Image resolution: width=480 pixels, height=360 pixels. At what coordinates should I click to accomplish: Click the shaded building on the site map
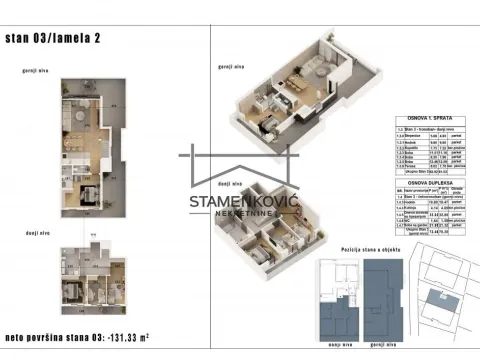(x=436, y=302)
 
